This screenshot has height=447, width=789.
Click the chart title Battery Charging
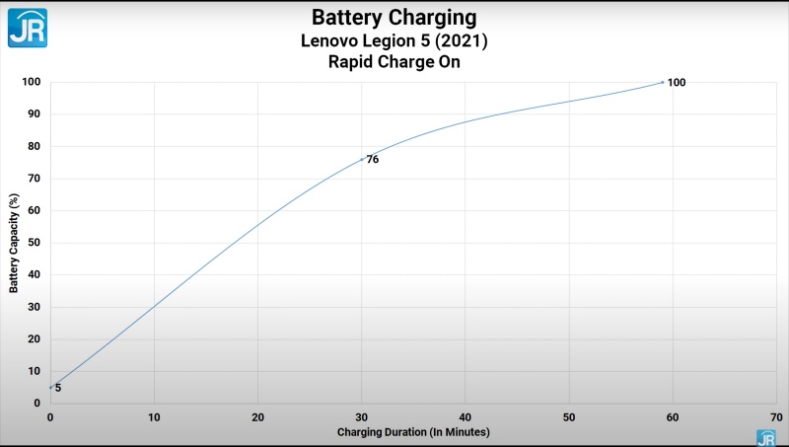pyautogui.click(x=394, y=18)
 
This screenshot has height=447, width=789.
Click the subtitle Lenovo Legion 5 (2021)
pyautogui.click(x=394, y=40)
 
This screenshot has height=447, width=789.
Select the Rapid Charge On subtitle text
pyautogui.click(x=394, y=62)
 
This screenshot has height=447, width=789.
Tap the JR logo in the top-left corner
pyautogui.click(x=27, y=27)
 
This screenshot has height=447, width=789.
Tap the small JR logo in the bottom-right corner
pyautogui.click(x=765, y=437)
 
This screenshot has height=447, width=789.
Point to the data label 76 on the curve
pyautogui.click(x=373, y=160)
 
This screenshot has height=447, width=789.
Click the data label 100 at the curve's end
pyautogui.click(x=676, y=83)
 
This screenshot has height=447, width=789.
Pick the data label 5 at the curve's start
pyautogui.click(x=58, y=388)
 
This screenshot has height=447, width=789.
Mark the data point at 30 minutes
pyautogui.click(x=362, y=158)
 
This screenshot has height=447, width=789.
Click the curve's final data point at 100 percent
pyautogui.click(x=663, y=82)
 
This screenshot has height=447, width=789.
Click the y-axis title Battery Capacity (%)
pyautogui.click(x=14, y=242)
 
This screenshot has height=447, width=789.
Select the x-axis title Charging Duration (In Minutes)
pyautogui.click(x=413, y=432)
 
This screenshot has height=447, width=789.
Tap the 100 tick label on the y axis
pyautogui.click(x=31, y=82)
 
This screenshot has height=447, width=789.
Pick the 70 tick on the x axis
pyautogui.click(x=777, y=417)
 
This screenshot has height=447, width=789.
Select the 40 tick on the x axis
pyautogui.click(x=466, y=417)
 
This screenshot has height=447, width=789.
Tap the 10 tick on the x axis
pyautogui.click(x=154, y=417)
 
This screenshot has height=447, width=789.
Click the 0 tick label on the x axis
pyautogui.click(x=50, y=417)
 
